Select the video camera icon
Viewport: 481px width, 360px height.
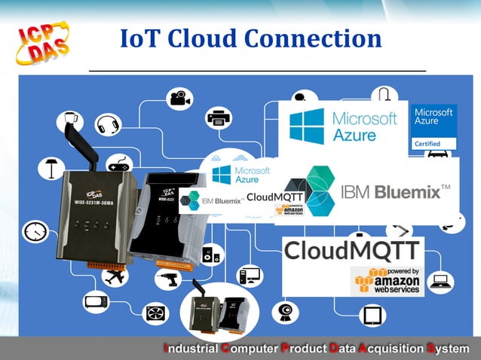click(x=179, y=98)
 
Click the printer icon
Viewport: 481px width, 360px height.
click(x=219, y=117)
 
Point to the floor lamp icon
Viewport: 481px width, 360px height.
click(x=51, y=167)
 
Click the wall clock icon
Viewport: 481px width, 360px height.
click(x=35, y=231)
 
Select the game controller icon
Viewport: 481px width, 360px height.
click(x=118, y=164)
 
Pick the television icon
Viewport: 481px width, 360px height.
click(x=96, y=302)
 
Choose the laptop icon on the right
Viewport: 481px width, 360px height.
click(x=440, y=282)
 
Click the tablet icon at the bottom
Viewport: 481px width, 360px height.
click(x=372, y=316)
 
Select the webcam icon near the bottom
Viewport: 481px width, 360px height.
click(x=286, y=311)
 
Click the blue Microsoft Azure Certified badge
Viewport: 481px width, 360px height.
click(x=434, y=127)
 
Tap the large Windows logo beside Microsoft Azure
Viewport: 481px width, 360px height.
click(x=306, y=125)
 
